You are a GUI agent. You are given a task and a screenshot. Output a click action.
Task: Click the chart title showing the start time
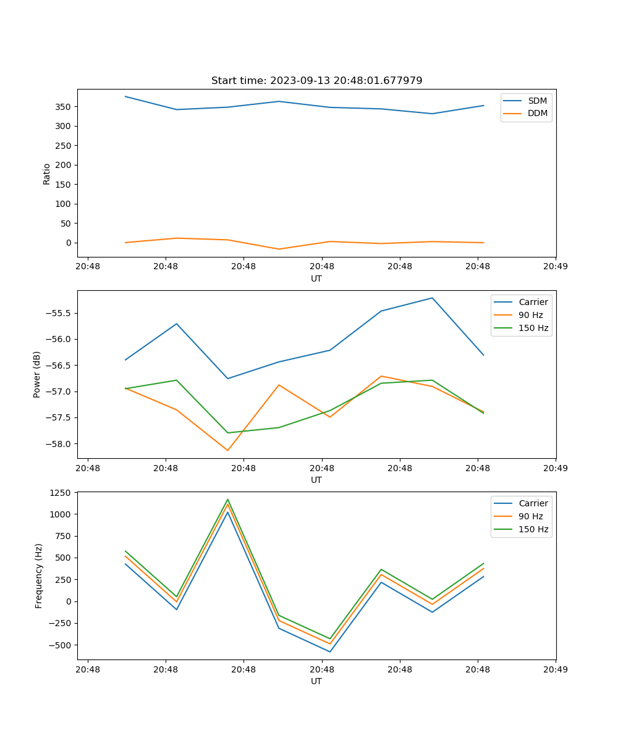pos(316,81)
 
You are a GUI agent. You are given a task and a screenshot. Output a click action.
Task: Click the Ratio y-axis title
pos(47,174)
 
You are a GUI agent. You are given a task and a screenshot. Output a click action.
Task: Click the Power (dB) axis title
pos(37,374)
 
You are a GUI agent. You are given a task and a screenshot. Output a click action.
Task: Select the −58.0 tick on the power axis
pos(60,444)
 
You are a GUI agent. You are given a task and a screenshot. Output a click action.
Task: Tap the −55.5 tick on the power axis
pos(60,313)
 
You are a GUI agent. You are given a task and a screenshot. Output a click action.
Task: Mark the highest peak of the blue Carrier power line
pos(433,298)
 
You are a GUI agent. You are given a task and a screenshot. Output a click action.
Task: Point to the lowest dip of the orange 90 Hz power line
pos(227,450)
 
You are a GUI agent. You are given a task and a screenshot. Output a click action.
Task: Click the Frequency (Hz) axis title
pos(38,576)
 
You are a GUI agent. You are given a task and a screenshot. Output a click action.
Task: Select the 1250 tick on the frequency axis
pos(62,493)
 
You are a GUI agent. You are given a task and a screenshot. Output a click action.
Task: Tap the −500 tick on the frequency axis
pos(62,645)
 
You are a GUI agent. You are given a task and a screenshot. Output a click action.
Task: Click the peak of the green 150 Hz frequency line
pos(227,500)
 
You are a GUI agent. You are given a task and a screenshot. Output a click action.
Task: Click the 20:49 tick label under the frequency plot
pos(556,669)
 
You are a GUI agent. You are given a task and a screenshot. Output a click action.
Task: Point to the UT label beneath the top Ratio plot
pos(316,278)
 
